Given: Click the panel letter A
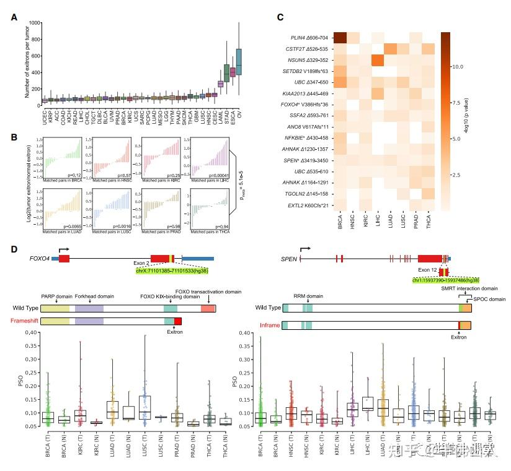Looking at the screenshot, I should pyautogui.click(x=14, y=17).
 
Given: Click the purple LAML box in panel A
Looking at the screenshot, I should pyautogui.click(x=220, y=84).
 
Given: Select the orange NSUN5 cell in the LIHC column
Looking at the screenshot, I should pyautogui.click(x=376, y=61).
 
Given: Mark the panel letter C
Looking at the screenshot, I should pyautogui.click(x=281, y=17).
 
